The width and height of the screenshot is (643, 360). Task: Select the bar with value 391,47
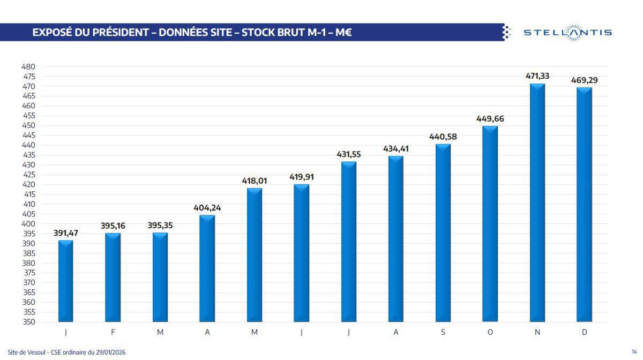(x=66, y=281)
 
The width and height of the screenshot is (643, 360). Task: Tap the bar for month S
(x=443, y=232)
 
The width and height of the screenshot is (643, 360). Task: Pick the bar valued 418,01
(x=255, y=254)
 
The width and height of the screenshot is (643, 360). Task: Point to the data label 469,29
(x=585, y=80)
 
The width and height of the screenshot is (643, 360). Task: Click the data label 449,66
(x=490, y=119)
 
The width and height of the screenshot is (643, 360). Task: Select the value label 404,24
(x=207, y=208)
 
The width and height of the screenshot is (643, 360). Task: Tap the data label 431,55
(x=349, y=154)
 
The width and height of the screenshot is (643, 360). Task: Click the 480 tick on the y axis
(x=28, y=67)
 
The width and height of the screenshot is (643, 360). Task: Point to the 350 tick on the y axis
(x=28, y=322)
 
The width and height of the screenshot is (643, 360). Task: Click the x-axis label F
(x=113, y=332)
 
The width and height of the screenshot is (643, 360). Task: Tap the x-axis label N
(x=537, y=332)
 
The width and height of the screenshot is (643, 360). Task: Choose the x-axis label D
(x=585, y=332)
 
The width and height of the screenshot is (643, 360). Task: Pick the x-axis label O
(x=490, y=332)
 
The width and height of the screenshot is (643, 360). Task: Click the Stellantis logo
(x=567, y=32)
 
